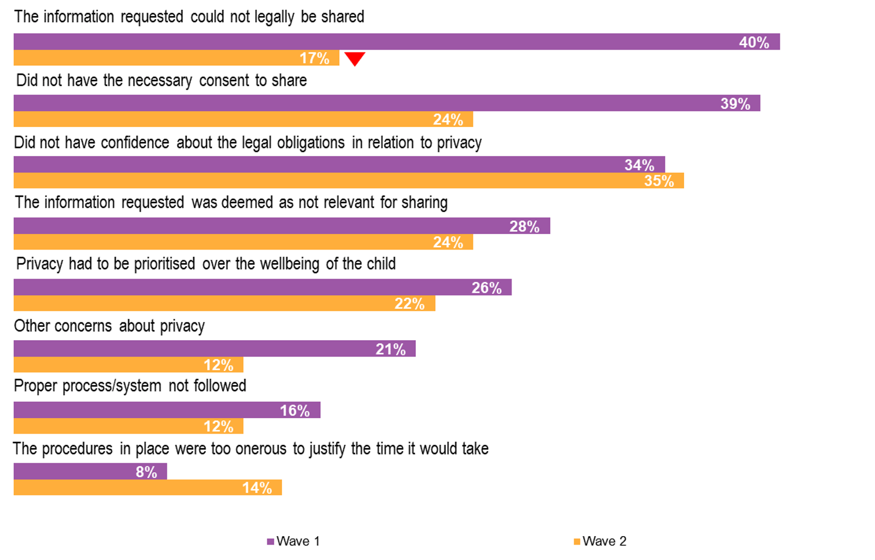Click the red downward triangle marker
[x=354, y=58]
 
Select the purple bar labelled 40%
[x=396, y=42]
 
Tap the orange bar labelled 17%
[x=176, y=58]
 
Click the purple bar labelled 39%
[x=387, y=103]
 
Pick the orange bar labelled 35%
[x=349, y=181]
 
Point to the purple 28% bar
[x=281, y=226]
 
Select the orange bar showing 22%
[x=224, y=303]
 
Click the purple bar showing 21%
[x=214, y=349]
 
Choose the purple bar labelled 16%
[x=167, y=410]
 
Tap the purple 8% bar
[x=90, y=472]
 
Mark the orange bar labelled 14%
[x=148, y=488]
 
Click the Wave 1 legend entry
[x=293, y=541]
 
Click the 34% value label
[x=639, y=165]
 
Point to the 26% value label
[x=486, y=288]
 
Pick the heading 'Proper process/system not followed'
[x=130, y=386]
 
